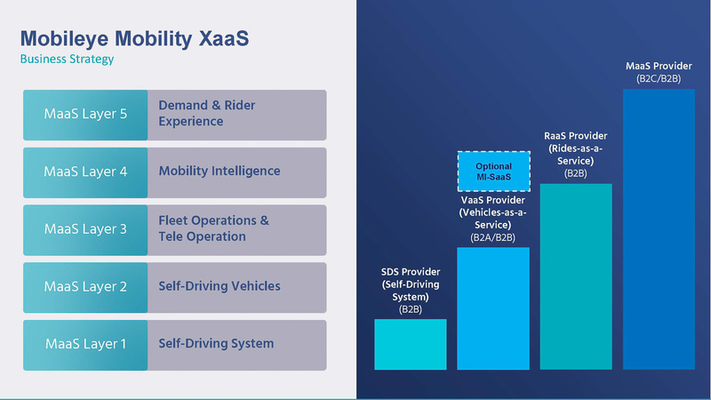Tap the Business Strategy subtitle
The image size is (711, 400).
(x=67, y=59)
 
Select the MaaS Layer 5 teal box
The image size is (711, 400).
(x=85, y=114)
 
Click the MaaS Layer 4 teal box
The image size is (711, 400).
(x=85, y=172)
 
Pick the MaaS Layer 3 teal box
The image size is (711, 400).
(x=85, y=229)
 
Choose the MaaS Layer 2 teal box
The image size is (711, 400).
(x=85, y=287)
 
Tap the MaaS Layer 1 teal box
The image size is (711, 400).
(x=85, y=344)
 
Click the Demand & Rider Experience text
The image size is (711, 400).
(x=206, y=113)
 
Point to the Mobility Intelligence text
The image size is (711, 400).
(x=219, y=171)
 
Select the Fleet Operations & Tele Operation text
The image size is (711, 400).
(x=213, y=228)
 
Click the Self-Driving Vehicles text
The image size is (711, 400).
(x=219, y=286)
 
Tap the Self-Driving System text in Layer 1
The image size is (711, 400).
(x=216, y=343)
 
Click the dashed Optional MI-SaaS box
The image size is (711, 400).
(x=493, y=172)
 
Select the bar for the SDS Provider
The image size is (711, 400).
(x=410, y=344)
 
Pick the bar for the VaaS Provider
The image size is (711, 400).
(x=493, y=308)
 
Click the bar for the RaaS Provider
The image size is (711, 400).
(x=576, y=276)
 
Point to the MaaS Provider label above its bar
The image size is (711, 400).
(x=659, y=72)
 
